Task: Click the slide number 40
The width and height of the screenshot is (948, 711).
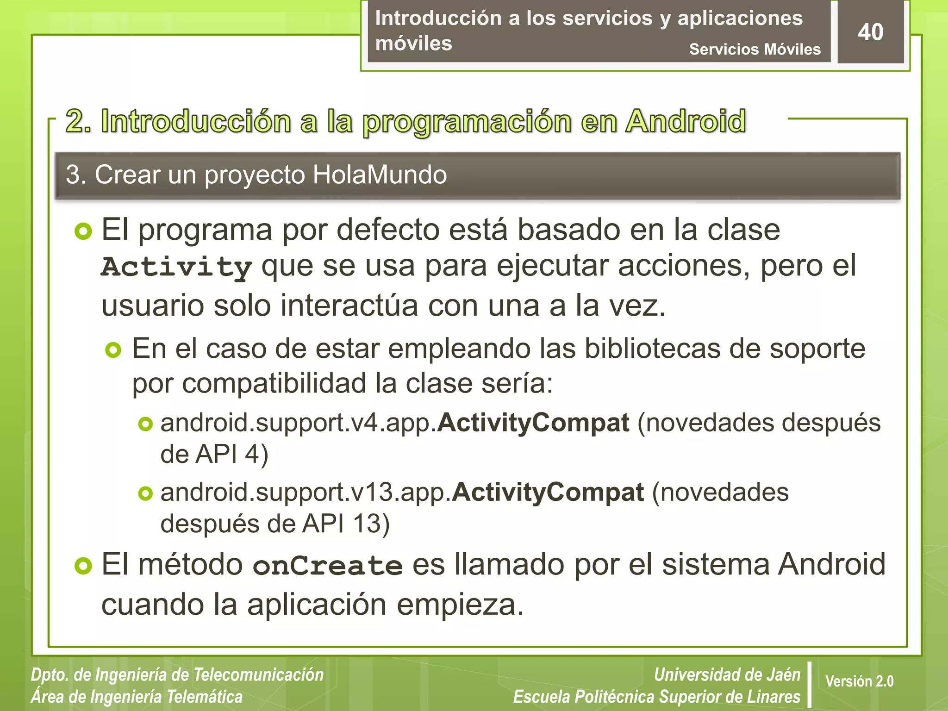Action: tap(870, 32)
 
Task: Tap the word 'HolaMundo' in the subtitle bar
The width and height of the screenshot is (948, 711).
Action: tap(380, 175)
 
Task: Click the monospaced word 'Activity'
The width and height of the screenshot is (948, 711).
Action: tap(176, 267)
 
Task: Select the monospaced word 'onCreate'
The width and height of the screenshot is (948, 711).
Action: tap(328, 566)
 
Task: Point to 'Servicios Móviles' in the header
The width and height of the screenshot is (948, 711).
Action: tap(755, 49)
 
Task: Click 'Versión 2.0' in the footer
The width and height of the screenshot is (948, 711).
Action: tap(859, 681)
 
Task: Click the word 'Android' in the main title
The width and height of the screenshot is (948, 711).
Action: tap(686, 121)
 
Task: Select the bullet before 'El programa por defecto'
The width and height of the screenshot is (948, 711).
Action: tap(83, 231)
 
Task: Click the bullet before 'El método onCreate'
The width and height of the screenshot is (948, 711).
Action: tap(83, 566)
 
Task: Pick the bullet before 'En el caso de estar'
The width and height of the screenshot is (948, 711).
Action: tap(113, 350)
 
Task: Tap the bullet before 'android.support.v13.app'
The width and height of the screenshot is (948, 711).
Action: tap(145, 493)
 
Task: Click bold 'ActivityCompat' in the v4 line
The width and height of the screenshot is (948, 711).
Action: tap(533, 423)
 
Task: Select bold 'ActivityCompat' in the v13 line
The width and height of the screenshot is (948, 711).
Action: tap(548, 492)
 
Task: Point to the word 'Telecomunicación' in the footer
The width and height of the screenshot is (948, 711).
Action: tap(258, 674)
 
